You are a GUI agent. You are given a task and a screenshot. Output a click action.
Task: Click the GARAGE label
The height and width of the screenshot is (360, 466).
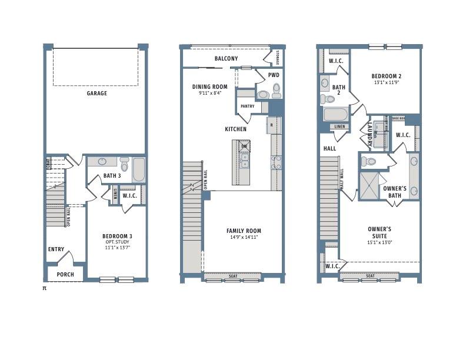[97, 93]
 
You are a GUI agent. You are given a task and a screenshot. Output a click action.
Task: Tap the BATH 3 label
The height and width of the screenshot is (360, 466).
[112, 175]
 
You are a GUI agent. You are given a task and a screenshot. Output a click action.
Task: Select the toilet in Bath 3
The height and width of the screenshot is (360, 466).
[124, 163]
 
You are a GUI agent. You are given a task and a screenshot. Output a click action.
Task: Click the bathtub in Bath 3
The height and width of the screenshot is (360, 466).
[139, 169]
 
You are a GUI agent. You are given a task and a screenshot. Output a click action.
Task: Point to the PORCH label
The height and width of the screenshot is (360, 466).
[65, 275]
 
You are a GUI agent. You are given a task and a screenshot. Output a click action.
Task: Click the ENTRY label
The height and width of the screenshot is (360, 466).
[56, 249]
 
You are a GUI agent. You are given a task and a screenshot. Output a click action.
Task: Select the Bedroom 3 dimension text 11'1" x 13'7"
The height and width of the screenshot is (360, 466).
[118, 248]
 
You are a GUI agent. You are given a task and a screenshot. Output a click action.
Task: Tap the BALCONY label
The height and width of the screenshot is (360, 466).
[226, 59]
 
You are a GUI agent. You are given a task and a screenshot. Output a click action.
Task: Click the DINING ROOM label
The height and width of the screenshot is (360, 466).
[209, 86]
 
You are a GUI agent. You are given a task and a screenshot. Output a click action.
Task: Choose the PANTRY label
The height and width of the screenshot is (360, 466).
[247, 106]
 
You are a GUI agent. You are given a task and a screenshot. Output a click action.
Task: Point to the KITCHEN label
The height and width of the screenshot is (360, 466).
[235, 129]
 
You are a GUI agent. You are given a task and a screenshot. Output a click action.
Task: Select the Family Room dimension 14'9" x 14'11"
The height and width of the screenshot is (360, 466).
[244, 237]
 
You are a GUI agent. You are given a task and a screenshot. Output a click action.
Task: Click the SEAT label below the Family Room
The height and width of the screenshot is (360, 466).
[232, 276]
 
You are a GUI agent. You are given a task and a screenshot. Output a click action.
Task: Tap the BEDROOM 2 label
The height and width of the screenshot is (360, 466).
[386, 76]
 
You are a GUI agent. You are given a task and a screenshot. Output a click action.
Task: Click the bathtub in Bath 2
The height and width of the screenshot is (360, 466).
[336, 114]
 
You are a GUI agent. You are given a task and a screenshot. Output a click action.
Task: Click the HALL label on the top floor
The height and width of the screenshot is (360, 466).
[329, 149]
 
